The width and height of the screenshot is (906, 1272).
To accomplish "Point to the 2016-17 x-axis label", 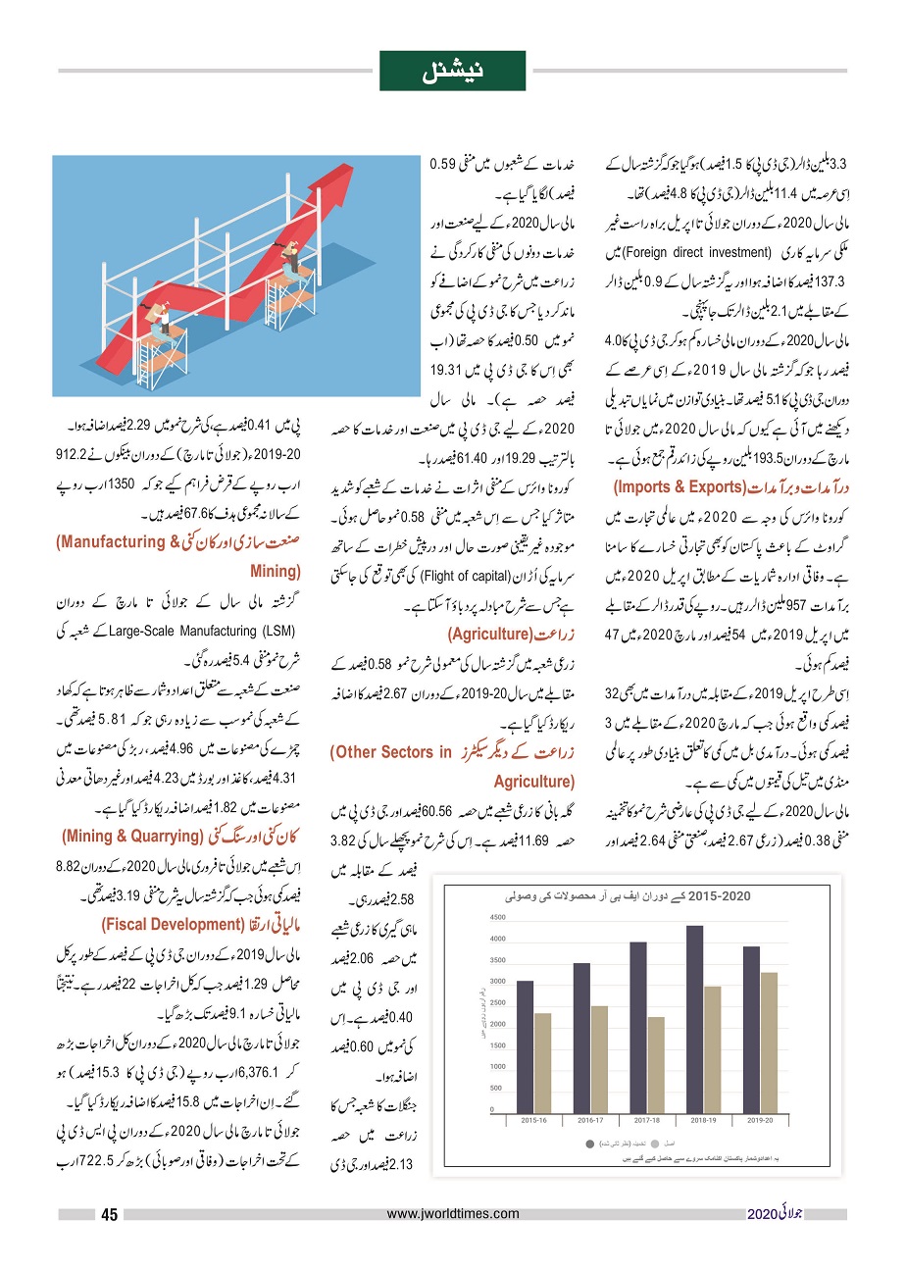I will pos(591,1118).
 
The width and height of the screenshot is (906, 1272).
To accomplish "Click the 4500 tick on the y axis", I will pos(497,917).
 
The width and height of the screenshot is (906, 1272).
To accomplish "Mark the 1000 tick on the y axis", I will pos(497,1067).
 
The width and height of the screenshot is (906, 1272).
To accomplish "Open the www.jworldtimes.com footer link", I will pos(453,1214).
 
